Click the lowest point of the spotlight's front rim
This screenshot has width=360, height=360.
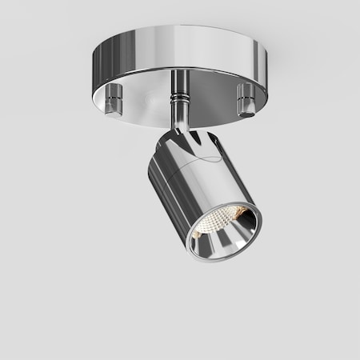(x=210, y=256)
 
